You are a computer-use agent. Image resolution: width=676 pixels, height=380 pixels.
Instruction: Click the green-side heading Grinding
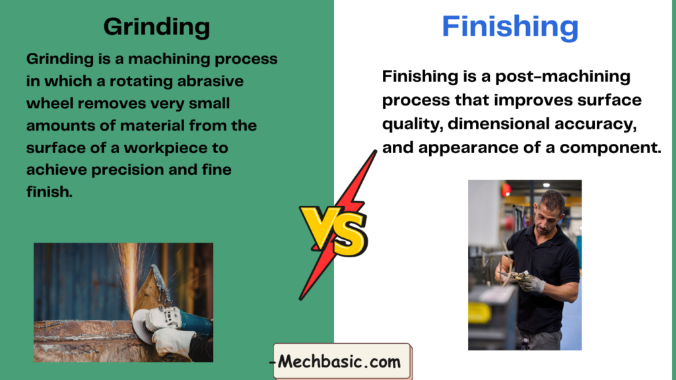pyautogui.click(x=156, y=27)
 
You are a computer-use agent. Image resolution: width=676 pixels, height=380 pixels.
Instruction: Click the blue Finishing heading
pyautogui.click(x=510, y=27)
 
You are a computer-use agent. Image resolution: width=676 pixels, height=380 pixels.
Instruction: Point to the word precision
pyautogui.click(x=127, y=170)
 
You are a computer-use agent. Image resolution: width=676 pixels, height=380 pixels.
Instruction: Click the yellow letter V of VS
pyautogui.click(x=320, y=227)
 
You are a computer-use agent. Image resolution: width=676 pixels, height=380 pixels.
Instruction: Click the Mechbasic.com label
pyautogui.click(x=342, y=362)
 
